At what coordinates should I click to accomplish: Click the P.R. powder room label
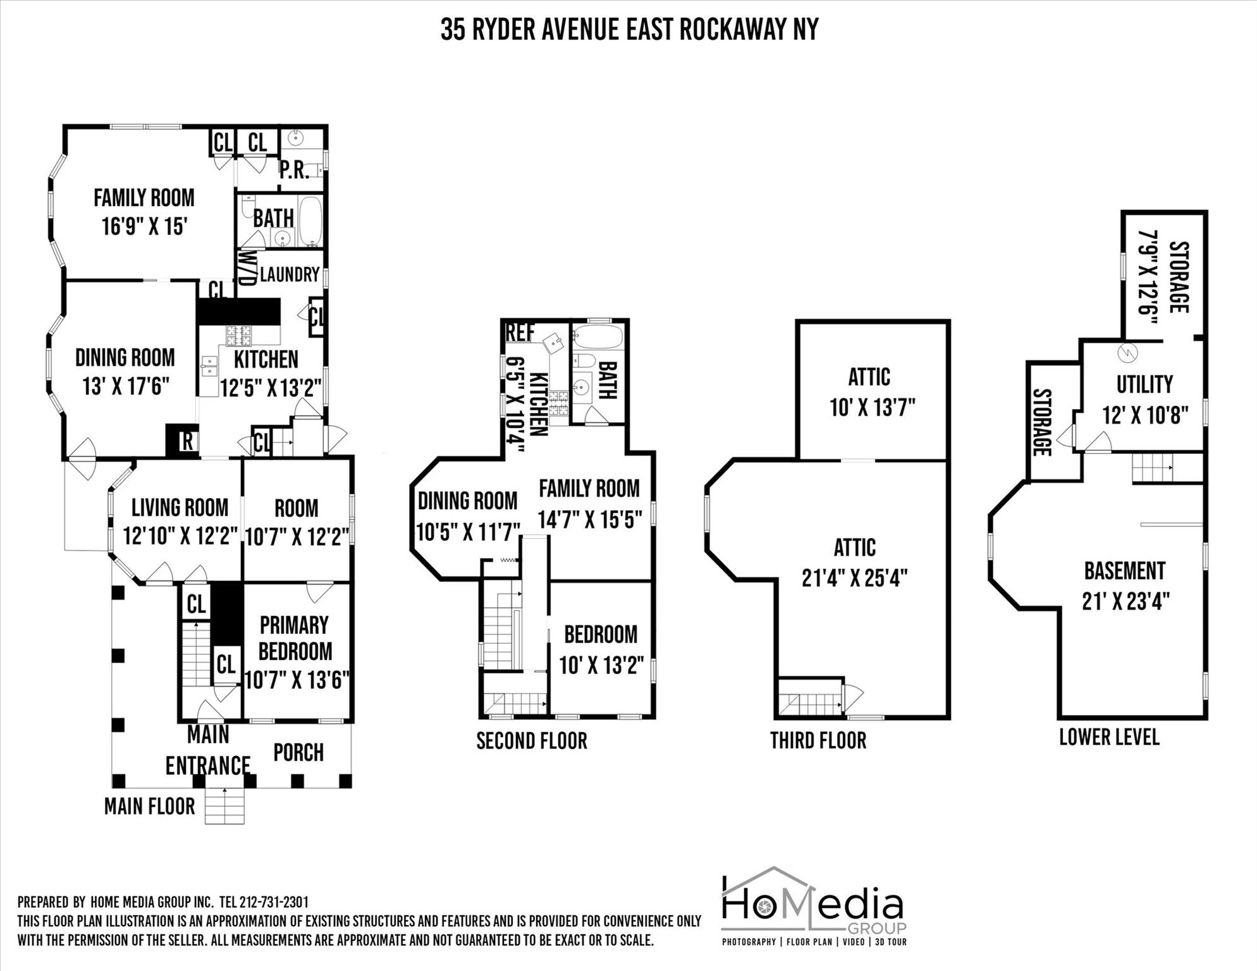point(294,171)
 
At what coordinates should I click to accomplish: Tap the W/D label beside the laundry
point(247,268)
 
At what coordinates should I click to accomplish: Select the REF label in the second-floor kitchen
point(520,332)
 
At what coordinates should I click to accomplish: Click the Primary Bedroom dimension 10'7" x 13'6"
point(297,680)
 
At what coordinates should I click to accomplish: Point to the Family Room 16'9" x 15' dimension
point(144,226)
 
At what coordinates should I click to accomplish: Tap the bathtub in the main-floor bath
point(310,221)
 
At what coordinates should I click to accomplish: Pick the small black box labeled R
point(186,441)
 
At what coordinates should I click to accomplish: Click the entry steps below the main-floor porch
point(224,806)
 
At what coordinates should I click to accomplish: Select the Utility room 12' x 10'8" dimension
point(1144,415)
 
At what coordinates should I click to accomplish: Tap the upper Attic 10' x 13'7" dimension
point(872,408)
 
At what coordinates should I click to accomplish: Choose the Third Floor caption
point(818,740)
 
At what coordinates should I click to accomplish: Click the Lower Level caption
point(1108,737)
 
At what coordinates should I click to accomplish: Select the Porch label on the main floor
point(298,752)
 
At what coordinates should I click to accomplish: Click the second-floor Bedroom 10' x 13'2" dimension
point(601,665)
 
